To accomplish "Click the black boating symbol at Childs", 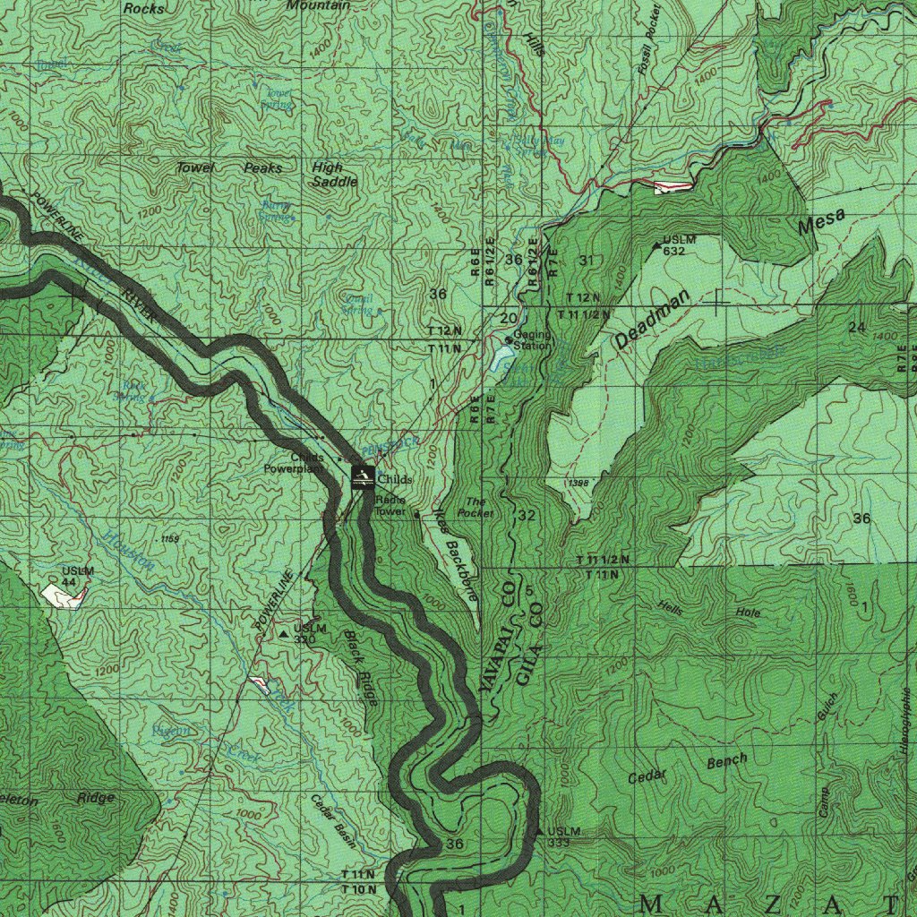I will [x=363, y=477].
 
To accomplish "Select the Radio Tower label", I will [x=390, y=506].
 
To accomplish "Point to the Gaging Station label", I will [x=533, y=340].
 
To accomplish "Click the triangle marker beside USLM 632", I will [x=656, y=244].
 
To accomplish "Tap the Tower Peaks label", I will [x=228, y=168].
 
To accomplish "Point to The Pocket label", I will [x=476, y=508].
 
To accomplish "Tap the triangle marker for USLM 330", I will [x=285, y=634].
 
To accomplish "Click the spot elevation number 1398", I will [x=578, y=483].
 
